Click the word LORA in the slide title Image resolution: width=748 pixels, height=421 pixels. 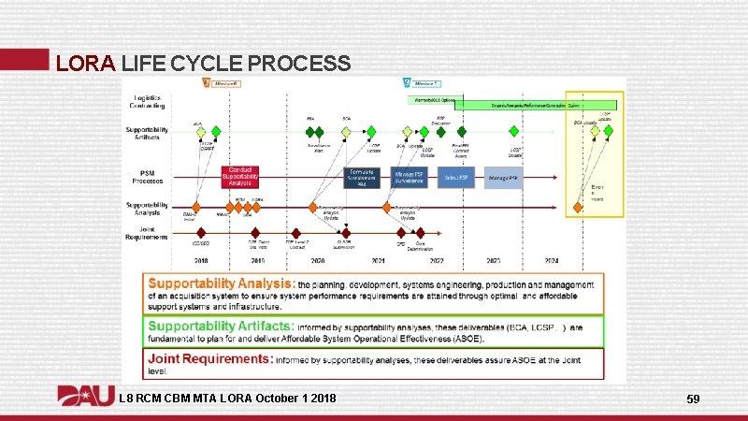[x=85, y=64]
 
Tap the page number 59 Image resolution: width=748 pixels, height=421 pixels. [x=693, y=399]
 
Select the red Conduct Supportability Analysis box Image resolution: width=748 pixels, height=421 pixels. [x=240, y=176]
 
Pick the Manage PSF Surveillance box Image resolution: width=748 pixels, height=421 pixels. [x=410, y=177]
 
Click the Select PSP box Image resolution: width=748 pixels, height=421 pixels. [x=457, y=177]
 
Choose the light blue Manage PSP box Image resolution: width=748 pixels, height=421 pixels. [x=503, y=177]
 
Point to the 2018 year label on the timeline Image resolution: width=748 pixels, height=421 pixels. [x=201, y=260]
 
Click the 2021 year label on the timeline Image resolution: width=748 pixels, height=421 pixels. [x=379, y=260]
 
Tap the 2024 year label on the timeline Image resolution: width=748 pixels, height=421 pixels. [x=553, y=260]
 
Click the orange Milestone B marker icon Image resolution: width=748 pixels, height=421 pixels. [x=207, y=84]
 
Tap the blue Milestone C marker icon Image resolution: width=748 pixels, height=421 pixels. [x=406, y=84]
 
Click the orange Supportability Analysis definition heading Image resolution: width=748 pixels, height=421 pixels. [x=220, y=282]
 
